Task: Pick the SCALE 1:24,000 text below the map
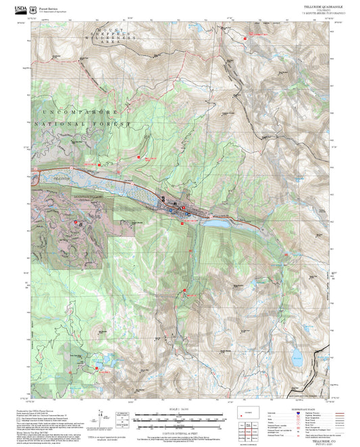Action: pyautogui.click(x=180, y=410)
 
